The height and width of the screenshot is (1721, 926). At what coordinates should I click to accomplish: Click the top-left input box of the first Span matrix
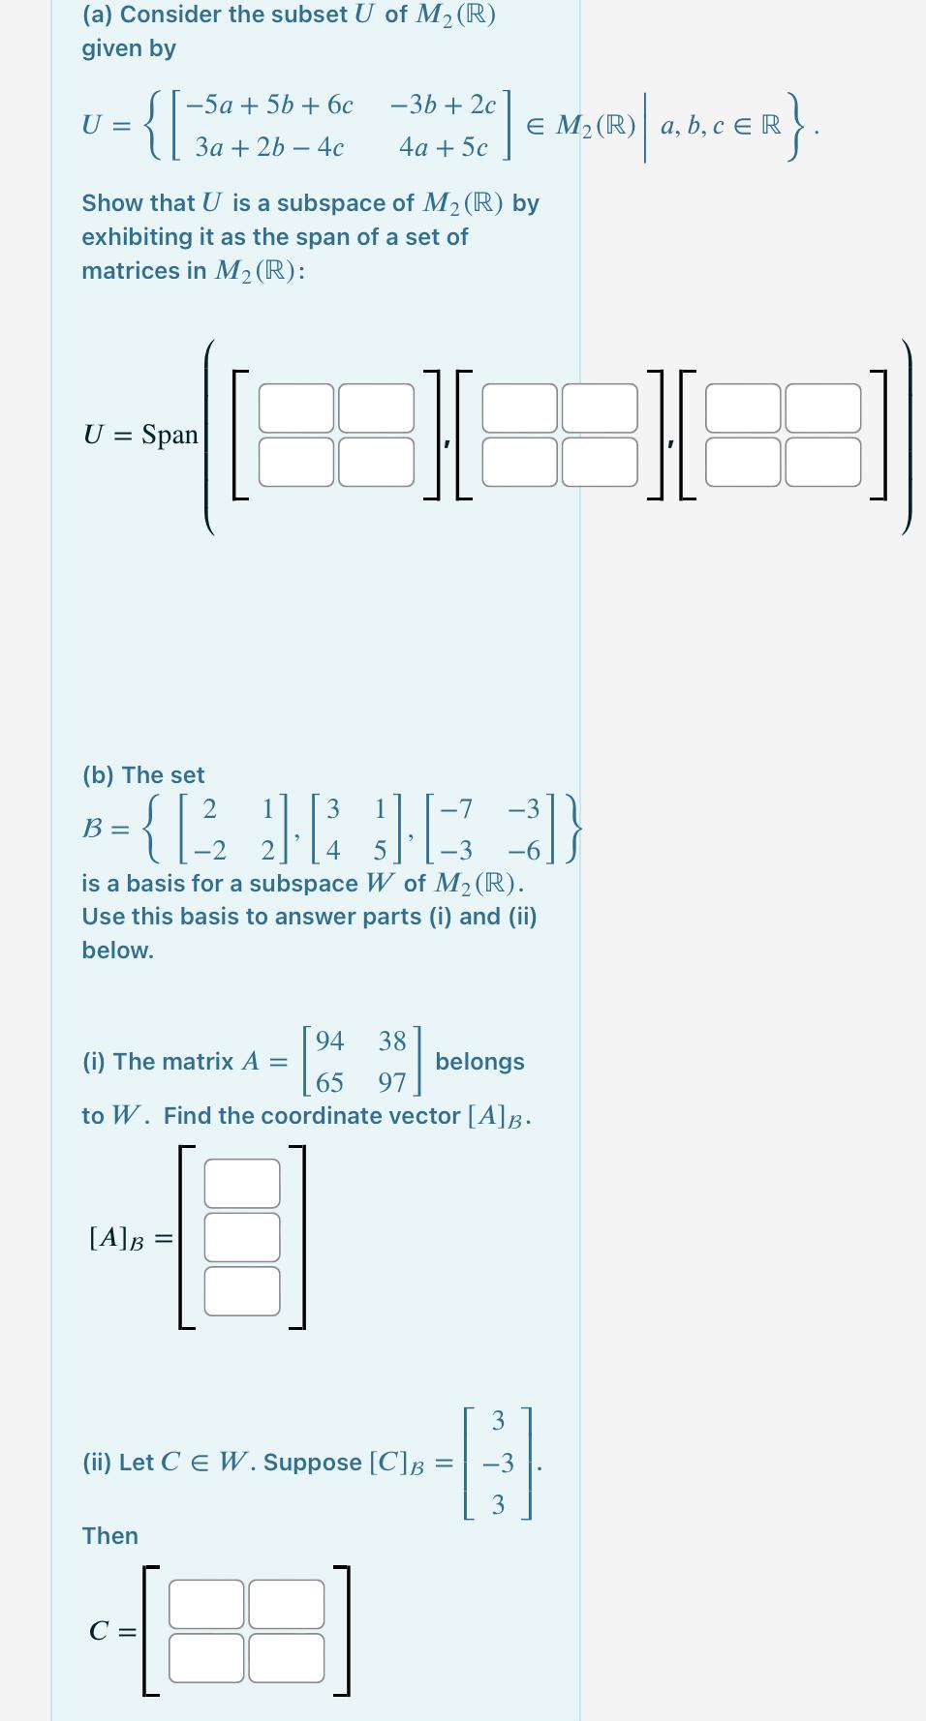pos(296,408)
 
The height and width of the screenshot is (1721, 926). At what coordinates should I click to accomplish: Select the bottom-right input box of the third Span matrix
pos(822,462)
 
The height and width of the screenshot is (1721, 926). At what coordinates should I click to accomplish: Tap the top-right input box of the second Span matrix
pos(600,408)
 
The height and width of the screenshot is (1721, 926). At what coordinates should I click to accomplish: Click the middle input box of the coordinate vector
pos(242,1237)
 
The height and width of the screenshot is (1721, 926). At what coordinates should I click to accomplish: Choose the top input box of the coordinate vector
pos(242,1183)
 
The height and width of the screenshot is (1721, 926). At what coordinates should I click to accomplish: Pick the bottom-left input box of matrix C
pos(206,1658)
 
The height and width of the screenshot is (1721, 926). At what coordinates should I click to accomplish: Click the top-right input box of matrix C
pos(287,1604)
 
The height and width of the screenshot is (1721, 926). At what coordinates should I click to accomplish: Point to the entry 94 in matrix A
pos(329,1042)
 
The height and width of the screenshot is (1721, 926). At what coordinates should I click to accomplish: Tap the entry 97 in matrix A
pos(392,1082)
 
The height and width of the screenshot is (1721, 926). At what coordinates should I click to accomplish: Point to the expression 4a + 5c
pos(444,147)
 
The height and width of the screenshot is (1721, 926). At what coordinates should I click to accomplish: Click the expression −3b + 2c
pos(443,105)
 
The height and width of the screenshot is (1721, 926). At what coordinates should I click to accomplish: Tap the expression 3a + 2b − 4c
pos(269,147)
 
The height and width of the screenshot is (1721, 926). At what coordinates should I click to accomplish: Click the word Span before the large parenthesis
pos(170,435)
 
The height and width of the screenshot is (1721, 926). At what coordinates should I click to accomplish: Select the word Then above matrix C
pos(110,1536)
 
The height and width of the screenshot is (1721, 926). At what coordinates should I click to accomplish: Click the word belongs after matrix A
pos(479,1062)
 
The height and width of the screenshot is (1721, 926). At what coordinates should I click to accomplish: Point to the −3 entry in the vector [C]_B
pos(498,1464)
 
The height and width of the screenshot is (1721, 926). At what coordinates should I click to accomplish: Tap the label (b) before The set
pos(99,775)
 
